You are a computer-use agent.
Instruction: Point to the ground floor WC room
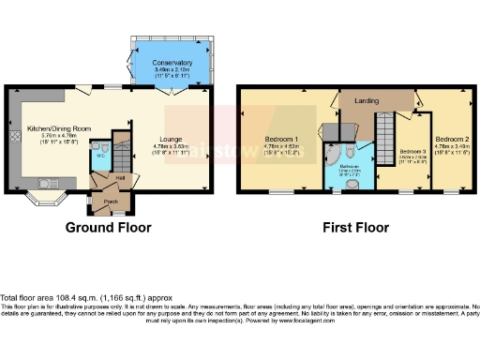tap(98, 156)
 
